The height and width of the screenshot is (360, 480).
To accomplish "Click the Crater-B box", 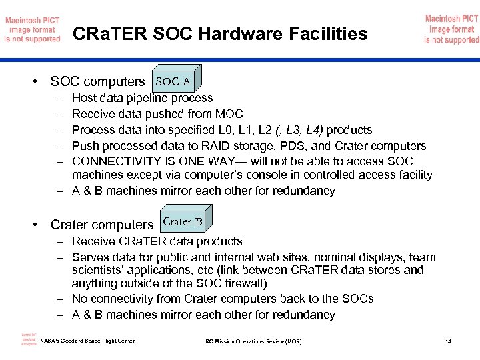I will pyautogui.click(x=182, y=222).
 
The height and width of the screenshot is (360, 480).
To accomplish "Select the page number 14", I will pyautogui.click(x=448, y=342).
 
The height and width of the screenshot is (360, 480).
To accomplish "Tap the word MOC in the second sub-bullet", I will pyautogui.click(x=230, y=114).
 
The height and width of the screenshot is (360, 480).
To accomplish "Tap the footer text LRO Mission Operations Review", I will pyautogui.click(x=251, y=342).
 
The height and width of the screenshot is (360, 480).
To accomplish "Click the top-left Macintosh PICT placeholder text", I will pyautogui.click(x=33, y=29).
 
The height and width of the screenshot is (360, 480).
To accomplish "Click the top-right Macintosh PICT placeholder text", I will pyautogui.click(x=451, y=29).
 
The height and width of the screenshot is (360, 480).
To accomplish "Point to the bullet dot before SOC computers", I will pyautogui.click(x=33, y=82).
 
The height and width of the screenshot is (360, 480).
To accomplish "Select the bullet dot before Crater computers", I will pyautogui.click(x=33, y=225).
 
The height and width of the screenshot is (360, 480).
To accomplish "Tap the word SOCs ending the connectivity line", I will pyautogui.click(x=360, y=299).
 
